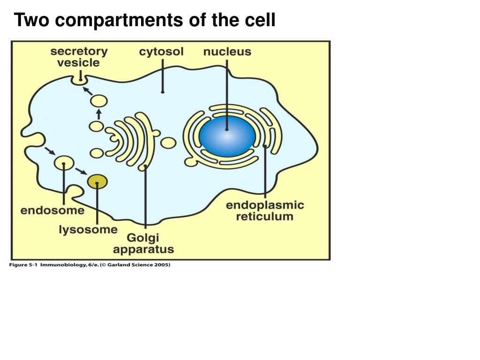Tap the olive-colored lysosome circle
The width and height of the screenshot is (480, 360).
(97, 181)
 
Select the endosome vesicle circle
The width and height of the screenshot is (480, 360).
(64, 163)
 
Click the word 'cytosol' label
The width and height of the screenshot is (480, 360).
(161, 52)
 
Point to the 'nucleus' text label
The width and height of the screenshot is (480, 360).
(227, 52)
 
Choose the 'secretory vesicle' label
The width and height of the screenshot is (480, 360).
(79, 57)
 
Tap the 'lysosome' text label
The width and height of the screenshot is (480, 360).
(88, 230)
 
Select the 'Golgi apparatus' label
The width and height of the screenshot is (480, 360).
(143, 244)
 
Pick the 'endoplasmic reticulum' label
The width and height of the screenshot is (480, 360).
(265, 211)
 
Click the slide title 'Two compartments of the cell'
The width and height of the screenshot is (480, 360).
(144, 21)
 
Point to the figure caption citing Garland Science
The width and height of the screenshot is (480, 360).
(90, 265)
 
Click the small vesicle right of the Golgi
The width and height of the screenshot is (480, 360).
(168, 142)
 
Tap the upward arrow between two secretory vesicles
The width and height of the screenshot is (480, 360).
(98, 114)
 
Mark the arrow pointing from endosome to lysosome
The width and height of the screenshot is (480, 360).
(81, 171)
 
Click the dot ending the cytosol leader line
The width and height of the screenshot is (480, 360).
(163, 91)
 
